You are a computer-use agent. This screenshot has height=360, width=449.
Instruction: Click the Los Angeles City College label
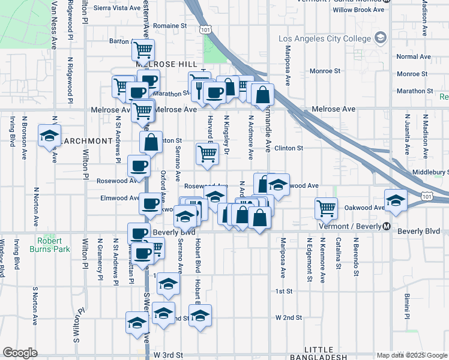tap(325, 40)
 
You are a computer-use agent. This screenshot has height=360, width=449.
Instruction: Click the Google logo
tap(20, 353)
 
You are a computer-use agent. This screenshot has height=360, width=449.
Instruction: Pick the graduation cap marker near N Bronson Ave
tap(49, 134)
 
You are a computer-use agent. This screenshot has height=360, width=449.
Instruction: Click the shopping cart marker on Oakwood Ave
tap(325, 208)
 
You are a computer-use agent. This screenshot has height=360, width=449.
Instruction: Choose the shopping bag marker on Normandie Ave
tap(263, 94)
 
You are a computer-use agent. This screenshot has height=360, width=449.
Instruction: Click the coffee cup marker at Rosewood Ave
tap(139, 165)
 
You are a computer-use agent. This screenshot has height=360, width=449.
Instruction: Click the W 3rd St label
tap(167, 355)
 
